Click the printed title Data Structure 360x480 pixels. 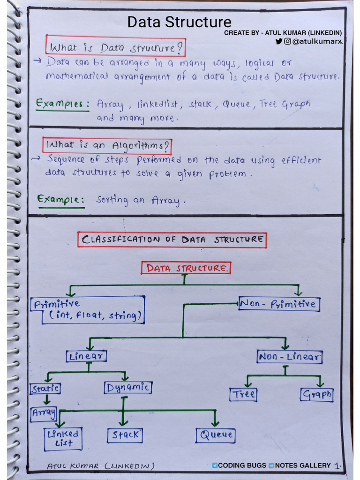point(180,22)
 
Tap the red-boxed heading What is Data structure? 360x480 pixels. point(116,47)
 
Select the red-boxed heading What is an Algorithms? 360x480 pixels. point(107,145)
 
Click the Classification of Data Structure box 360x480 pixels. point(172,240)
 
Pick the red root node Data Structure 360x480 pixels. point(186,268)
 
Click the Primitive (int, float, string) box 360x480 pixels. point(88,310)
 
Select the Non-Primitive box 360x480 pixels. point(279,304)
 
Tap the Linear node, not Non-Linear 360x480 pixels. point(87,356)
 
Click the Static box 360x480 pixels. point(45,389)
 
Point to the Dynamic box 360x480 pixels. point(127,388)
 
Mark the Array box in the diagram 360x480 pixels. point(44,413)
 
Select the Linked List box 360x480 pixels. point(63,438)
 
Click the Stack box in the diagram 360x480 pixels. point(125,435)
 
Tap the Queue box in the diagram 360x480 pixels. point(216,435)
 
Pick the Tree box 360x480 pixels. point(244,394)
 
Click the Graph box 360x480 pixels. point(316,394)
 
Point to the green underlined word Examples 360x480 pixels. point(62,104)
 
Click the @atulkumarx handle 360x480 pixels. point(317,42)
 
